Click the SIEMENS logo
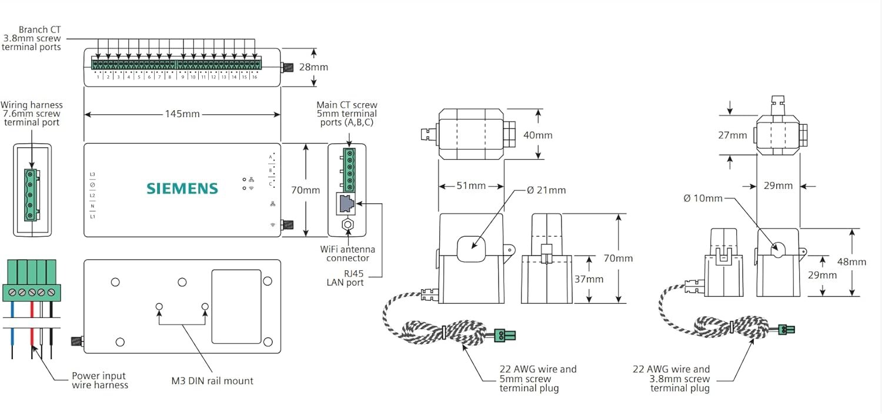[182, 188]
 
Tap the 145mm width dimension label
[182, 114]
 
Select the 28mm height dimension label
[313, 67]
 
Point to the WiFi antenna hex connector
[348, 225]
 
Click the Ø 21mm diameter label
[546, 190]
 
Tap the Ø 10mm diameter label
[703, 198]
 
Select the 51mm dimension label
[471, 186]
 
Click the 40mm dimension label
[537, 135]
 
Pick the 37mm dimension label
[589, 279]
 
